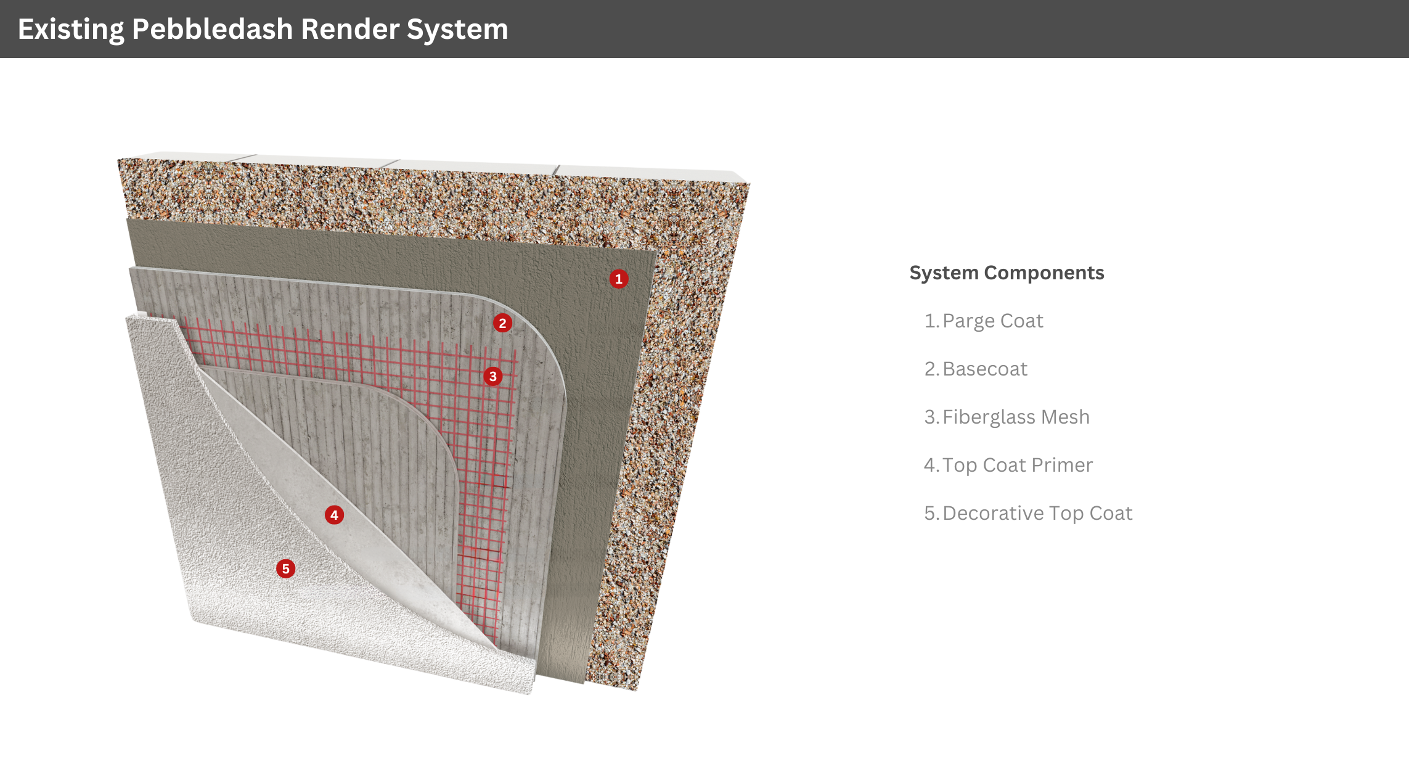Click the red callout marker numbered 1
pyautogui.click(x=619, y=279)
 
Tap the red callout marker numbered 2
pyautogui.click(x=502, y=323)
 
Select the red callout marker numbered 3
pyautogui.click(x=492, y=376)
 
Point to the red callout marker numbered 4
pyautogui.click(x=334, y=515)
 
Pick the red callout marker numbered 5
pyautogui.click(x=285, y=569)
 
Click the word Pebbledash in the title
pyautogui.click(x=212, y=30)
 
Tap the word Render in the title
pyautogui.click(x=350, y=30)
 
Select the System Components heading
pyautogui.click(x=1007, y=273)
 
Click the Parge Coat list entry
pyautogui.click(x=984, y=321)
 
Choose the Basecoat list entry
pyautogui.click(x=976, y=369)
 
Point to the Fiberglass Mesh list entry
pyautogui.click(x=1007, y=417)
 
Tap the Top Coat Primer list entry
pyautogui.click(x=1008, y=465)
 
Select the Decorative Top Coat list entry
pyautogui.click(x=1028, y=513)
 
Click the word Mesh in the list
pyautogui.click(x=1065, y=417)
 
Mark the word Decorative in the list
pyautogui.click(x=993, y=513)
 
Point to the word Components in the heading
pyautogui.click(x=1044, y=273)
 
